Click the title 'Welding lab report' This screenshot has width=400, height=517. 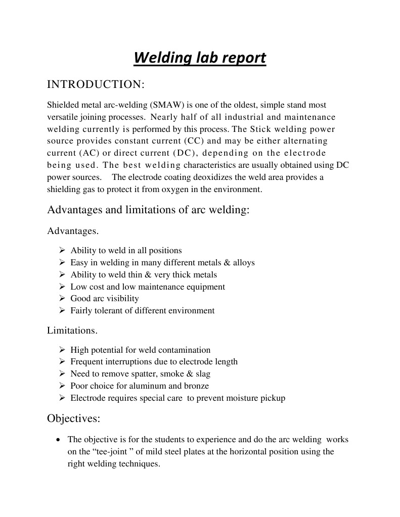[x=200, y=58]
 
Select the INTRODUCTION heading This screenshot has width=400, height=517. [x=96, y=84]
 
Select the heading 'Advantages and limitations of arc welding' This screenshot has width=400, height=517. [x=148, y=210]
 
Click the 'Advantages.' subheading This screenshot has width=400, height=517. [x=73, y=231]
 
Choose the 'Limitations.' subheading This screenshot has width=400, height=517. [x=72, y=331]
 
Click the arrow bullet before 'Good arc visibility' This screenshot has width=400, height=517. [x=62, y=298]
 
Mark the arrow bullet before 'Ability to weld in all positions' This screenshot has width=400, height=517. [x=62, y=250]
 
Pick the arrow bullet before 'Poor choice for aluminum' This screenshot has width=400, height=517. [x=62, y=386]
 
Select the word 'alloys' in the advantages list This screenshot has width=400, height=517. [x=244, y=262]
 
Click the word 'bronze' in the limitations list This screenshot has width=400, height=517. [x=196, y=386]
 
